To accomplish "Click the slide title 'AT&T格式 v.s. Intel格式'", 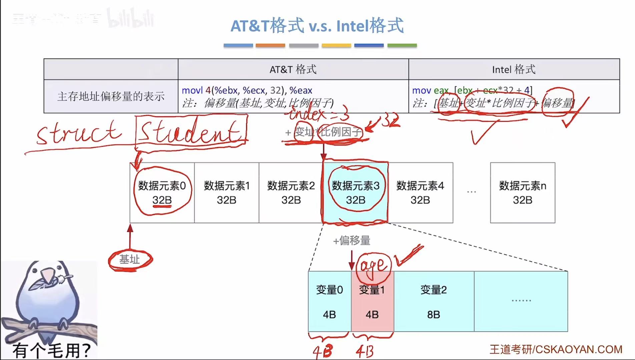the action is [x=317, y=26].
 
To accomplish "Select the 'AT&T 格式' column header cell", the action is [x=293, y=69].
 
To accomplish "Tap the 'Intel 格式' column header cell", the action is [x=514, y=69].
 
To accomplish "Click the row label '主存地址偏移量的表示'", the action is [x=111, y=96].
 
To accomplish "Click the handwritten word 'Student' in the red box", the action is [x=191, y=131].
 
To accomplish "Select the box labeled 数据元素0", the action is [x=162, y=193].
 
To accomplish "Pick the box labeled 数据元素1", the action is [x=227, y=193].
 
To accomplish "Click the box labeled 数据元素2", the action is [x=291, y=193].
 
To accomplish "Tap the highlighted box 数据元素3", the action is [x=356, y=193].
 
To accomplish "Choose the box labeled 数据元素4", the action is [x=420, y=193].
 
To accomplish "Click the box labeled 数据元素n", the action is [x=523, y=193].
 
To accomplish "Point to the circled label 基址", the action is [x=130, y=259].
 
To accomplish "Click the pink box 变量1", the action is [x=372, y=301].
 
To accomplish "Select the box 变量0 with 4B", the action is [x=330, y=301].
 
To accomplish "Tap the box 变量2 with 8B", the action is [x=434, y=301].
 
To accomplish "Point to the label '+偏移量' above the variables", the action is [x=352, y=240].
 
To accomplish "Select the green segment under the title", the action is [x=402, y=45].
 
